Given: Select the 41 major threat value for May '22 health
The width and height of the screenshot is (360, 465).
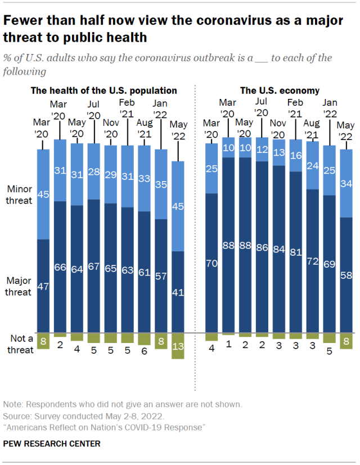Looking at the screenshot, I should click(178, 292).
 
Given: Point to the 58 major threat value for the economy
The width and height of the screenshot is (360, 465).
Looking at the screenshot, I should click(346, 275).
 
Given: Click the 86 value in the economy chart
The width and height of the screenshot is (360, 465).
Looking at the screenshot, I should click(262, 246).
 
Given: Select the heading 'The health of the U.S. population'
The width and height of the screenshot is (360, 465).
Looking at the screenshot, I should click(103, 90).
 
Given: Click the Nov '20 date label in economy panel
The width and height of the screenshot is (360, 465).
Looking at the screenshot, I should click(279, 129).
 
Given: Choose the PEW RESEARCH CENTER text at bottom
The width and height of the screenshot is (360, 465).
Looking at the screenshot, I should click(52, 444).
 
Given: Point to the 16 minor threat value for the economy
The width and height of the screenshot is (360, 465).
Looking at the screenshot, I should click(296, 155).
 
